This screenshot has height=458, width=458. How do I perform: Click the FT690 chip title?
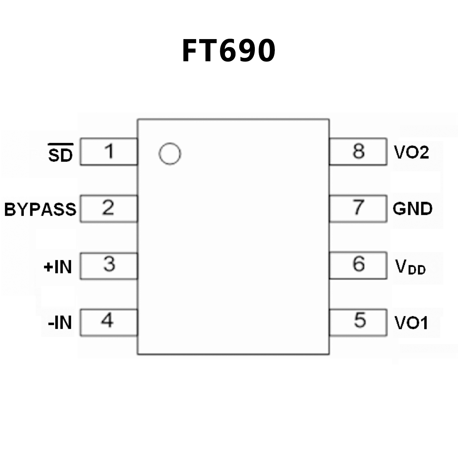click(x=229, y=51)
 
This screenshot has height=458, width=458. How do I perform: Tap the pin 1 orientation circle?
click(x=170, y=154)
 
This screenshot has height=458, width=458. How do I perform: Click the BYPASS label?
click(x=40, y=209)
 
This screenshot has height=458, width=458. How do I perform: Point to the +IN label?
click(x=58, y=266)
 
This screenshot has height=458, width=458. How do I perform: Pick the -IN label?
click(x=60, y=323)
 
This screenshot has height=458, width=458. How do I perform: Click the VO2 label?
click(x=411, y=152)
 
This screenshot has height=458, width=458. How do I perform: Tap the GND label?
click(x=412, y=209)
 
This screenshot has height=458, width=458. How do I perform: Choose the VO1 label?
click(x=411, y=323)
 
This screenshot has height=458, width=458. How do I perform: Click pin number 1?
click(x=109, y=151)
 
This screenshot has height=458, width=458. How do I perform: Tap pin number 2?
click(x=108, y=208)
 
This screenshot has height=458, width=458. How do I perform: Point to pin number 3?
click(x=109, y=264)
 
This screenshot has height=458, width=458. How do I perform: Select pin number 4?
click(x=107, y=321)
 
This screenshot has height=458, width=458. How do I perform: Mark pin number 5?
click(x=360, y=320)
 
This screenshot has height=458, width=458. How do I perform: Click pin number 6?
click(x=359, y=264)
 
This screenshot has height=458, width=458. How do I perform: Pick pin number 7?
click(x=358, y=207)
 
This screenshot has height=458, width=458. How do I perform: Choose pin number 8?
click(x=358, y=151)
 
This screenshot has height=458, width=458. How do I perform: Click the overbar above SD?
click(x=61, y=144)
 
